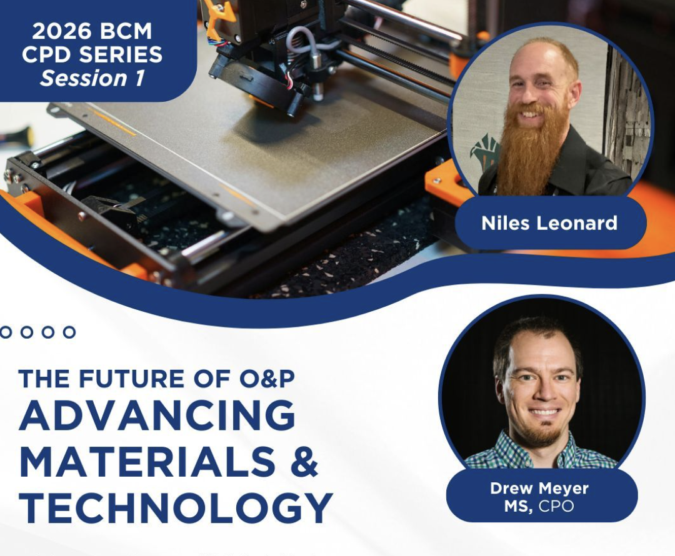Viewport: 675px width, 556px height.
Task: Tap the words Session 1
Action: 92,78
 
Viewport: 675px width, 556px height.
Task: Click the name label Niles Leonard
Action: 549,223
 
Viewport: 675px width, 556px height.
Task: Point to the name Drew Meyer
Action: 539,489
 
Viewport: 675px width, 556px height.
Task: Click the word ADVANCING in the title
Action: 157,415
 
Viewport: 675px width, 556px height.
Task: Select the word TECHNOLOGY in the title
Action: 176,508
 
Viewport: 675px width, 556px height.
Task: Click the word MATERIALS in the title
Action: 147,461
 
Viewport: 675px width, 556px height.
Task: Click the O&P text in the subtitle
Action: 267,379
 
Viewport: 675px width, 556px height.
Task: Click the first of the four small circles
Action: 5,332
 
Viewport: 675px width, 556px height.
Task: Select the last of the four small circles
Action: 69,332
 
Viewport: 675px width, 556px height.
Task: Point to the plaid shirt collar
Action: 542,452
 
